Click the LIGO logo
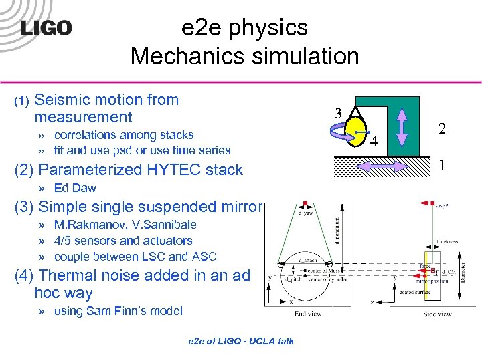click(46, 28)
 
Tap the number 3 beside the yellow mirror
click(339, 114)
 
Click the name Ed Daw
click(75, 188)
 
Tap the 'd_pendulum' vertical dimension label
click(337, 231)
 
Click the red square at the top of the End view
click(305, 203)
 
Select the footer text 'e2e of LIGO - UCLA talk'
click(240, 341)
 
